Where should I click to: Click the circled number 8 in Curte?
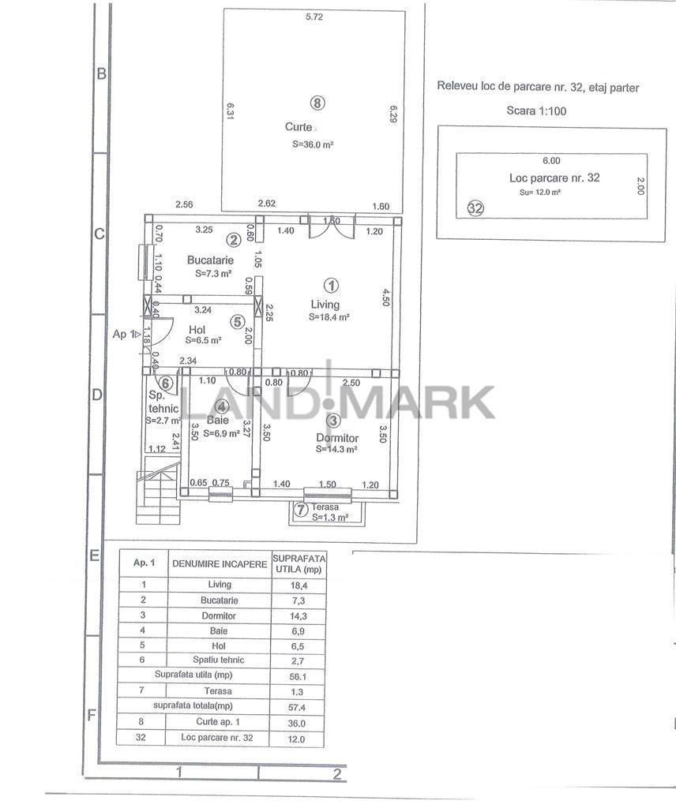(317, 103)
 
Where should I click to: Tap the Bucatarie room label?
(210, 260)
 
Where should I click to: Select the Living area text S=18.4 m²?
(329, 317)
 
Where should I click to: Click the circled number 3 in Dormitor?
(333, 421)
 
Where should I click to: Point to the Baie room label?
(218, 420)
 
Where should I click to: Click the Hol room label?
(197, 330)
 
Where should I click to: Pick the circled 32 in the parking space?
(475, 208)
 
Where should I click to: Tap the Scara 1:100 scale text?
(536, 110)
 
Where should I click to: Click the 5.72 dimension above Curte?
(314, 17)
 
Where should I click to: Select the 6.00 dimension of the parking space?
(551, 161)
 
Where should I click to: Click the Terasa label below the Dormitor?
(325, 507)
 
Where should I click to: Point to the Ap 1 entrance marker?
(126, 334)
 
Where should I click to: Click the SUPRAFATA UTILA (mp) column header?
(299, 563)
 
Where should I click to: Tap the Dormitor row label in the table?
(219, 615)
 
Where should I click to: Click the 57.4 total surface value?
(297, 708)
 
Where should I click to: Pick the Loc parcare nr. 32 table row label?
(217, 738)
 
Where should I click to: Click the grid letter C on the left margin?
(100, 234)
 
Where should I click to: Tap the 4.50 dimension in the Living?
(385, 297)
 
